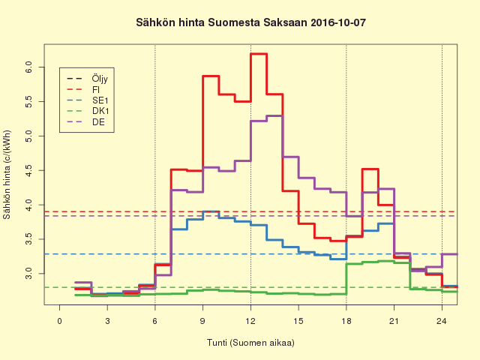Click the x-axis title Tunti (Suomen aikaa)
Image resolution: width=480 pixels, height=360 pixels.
tap(250, 343)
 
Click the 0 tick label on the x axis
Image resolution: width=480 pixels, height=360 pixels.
tap(59, 321)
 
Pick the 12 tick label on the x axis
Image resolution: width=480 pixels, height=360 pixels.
tap(250, 321)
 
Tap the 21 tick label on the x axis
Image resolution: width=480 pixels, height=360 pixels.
tap(394, 321)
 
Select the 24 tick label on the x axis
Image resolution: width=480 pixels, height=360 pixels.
tap(442, 321)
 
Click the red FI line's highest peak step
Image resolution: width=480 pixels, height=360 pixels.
tap(259, 54)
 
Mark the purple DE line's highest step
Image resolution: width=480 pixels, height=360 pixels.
tap(274, 115)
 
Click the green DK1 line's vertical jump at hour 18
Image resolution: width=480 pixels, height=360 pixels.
tap(346, 278)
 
